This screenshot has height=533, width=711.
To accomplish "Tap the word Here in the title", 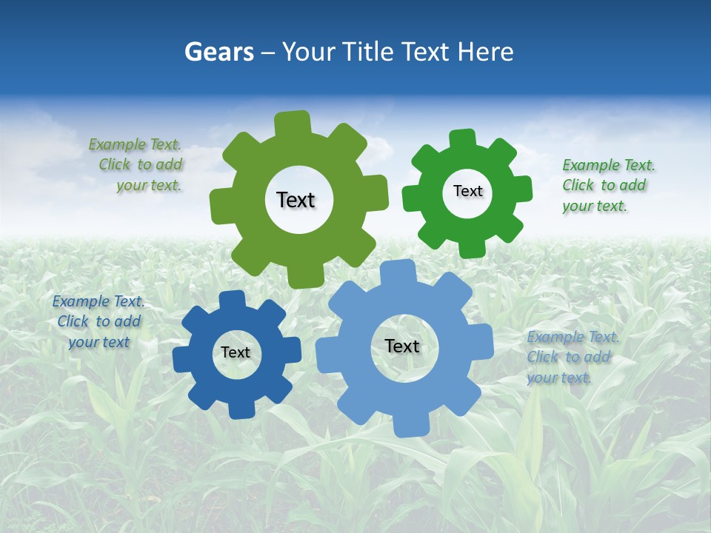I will (485, 52).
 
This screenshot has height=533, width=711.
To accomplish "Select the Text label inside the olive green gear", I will (296, 200).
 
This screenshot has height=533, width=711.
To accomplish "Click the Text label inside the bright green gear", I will (467, 191).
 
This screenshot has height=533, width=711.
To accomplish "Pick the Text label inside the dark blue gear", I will (236, 352).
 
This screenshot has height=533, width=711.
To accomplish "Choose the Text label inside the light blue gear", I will (402, 346).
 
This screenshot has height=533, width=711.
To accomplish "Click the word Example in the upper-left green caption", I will (118, 144).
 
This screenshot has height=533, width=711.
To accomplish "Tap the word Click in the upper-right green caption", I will (578, 185).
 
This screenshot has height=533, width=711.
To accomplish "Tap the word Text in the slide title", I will (425, 52).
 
